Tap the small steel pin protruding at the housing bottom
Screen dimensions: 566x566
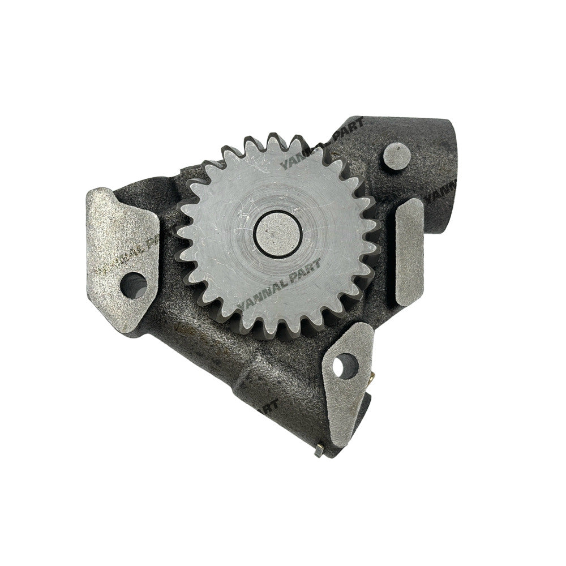(x=319, y=451)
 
